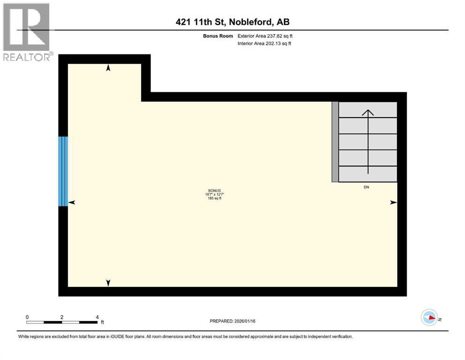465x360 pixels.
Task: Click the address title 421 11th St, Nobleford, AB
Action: [232, 22]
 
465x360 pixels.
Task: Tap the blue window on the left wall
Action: [63, 171]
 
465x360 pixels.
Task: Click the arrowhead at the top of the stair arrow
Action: [368, 112]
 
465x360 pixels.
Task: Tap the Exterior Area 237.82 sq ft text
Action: [266, 36]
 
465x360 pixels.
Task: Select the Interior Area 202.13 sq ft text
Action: [265, 44]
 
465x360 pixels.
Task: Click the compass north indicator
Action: [430, 318]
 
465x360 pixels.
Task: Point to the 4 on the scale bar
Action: [97, 317]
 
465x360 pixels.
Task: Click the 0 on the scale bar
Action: [27, 317]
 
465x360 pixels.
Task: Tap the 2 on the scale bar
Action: [62, 317]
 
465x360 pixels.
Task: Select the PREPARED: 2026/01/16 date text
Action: [232, 321]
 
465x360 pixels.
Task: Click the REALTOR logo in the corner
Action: [27, 32]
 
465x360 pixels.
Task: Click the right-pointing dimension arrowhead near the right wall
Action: [393, 202]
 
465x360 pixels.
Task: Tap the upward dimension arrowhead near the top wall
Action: [108, 68]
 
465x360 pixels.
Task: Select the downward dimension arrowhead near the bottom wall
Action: [108, 283]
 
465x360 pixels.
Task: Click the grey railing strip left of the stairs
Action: [335, 142]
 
